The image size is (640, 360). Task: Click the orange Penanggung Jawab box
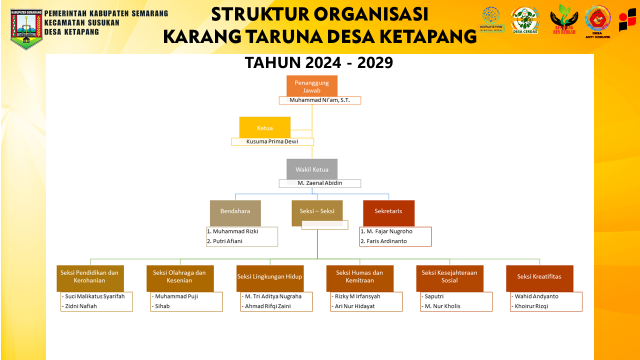pos(312,86)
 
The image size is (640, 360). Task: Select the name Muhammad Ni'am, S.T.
pos(319,100)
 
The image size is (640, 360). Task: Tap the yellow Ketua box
pos(265,127)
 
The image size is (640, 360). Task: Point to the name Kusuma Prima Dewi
pos(272,141)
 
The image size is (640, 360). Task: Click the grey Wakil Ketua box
pos(312,169)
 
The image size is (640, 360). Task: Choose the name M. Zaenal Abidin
pos(320,183)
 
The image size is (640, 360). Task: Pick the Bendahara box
pos(235,211)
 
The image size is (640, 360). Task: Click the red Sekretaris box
pos(388,211)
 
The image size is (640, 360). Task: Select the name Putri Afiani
pos(227,241)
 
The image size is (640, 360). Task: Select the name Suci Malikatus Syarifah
pos(95,296)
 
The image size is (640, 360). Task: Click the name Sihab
pos(162,306)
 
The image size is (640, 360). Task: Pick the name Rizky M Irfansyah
pos(357,296)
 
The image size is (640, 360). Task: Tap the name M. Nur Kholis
pos(442,306)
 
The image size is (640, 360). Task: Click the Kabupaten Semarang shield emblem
pos(26,28)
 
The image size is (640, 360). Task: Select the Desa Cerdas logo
pos(525,20)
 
